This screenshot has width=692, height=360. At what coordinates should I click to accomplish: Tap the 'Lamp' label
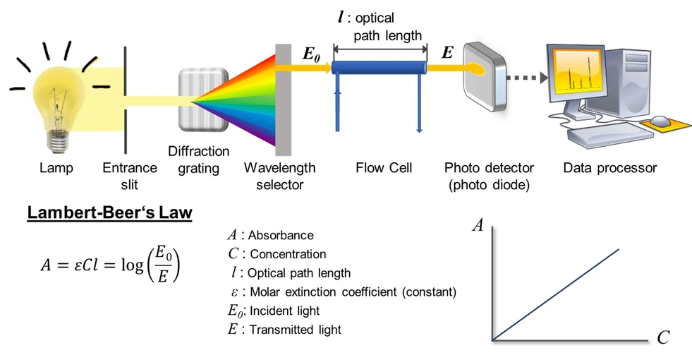tap(56, 169)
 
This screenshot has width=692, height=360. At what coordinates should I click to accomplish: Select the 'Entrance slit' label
tap(130, 176)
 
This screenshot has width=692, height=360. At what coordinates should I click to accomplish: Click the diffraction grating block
tap(204, 100)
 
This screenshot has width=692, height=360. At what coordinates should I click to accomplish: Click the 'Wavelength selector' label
tap(280, 176)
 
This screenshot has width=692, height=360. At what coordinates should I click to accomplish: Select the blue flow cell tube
tap(380, 68)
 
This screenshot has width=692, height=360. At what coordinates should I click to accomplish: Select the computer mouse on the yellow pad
tap(660, 121)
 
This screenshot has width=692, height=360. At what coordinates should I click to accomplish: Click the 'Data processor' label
tap(609, 169)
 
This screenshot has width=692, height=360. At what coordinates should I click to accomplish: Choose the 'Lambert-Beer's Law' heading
tap(109, 212)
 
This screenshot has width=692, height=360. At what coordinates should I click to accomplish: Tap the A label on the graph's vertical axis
tap(478, 226)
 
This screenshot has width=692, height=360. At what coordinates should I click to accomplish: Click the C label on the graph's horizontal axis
tap(662, 338)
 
